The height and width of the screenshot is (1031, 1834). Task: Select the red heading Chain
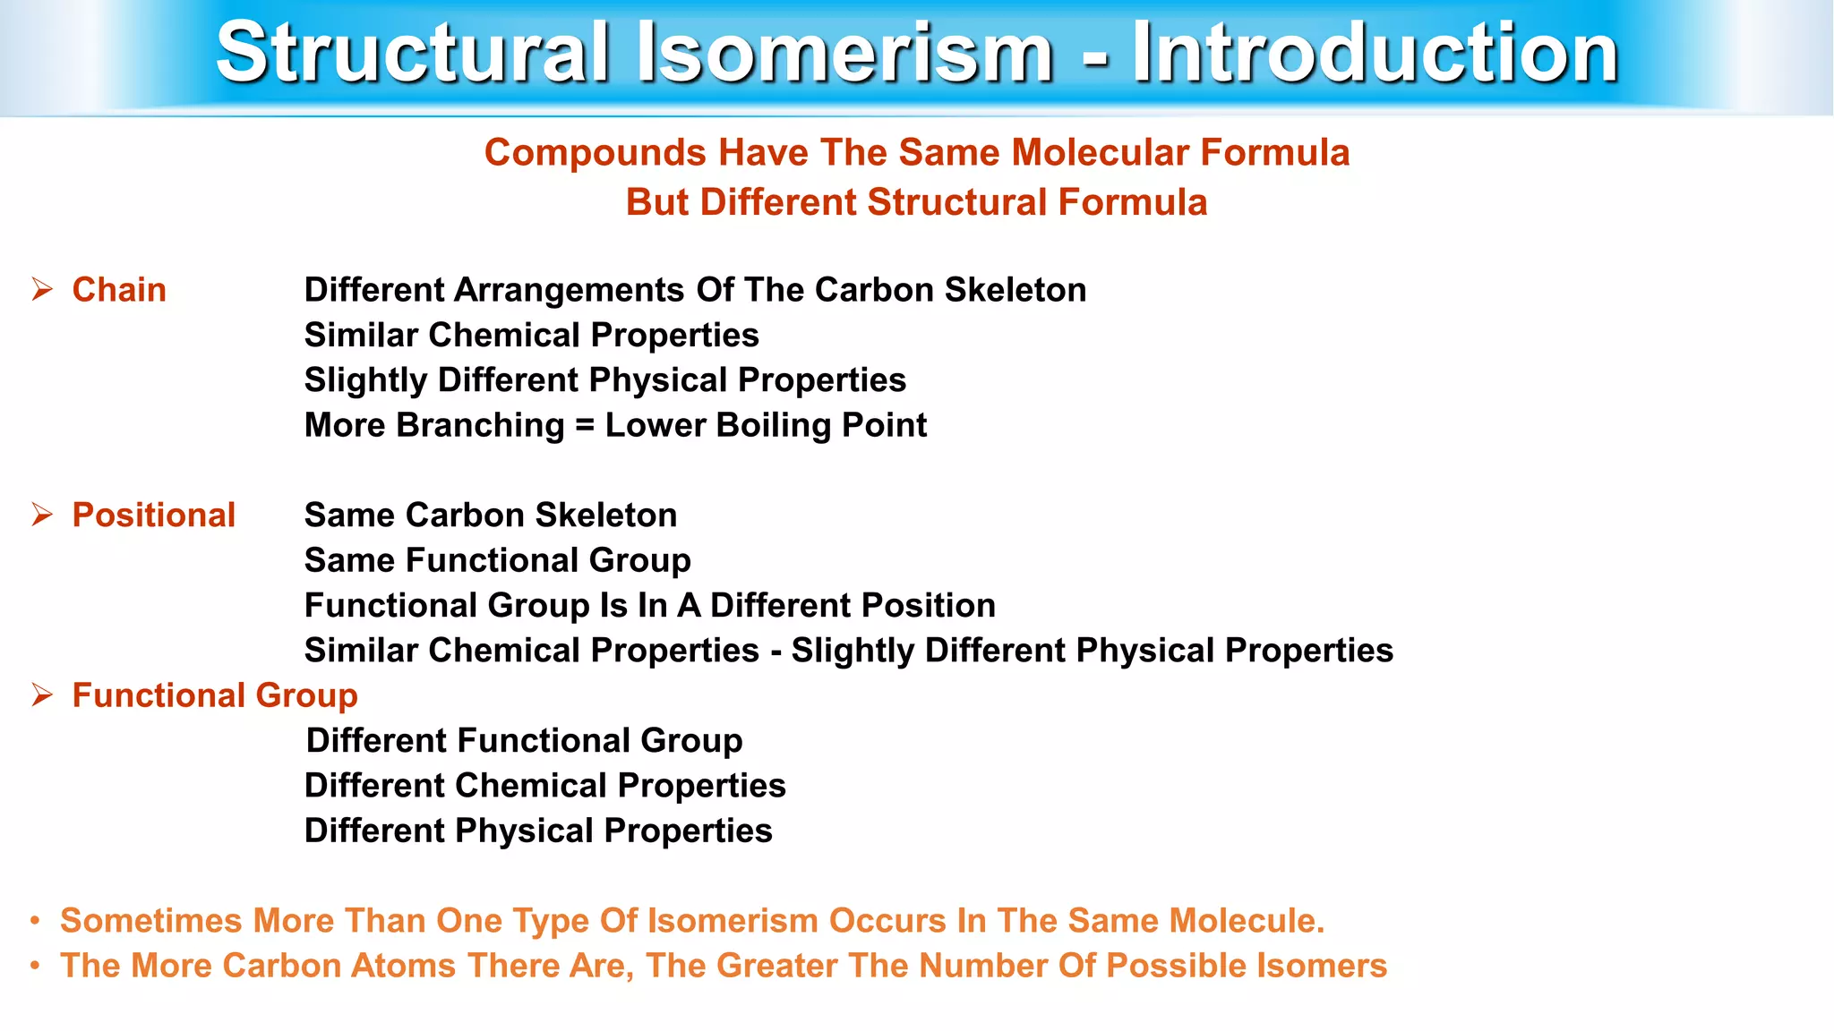coord(119,290)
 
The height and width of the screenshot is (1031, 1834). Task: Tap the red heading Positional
coord(153,515)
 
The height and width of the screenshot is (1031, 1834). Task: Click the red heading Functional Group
coord(215,695)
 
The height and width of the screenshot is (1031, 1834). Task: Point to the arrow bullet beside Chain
coord(42,289)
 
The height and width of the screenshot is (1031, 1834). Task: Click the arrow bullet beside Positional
coord(42,515)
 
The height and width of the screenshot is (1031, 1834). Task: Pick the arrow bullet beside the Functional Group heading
coord(42,694)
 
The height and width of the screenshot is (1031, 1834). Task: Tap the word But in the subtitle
coord(657,202)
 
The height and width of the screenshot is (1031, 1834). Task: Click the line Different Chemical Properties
coord(544,786)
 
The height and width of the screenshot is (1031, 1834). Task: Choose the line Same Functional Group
coord(497,560)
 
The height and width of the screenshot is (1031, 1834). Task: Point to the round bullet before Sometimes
coord(35,921)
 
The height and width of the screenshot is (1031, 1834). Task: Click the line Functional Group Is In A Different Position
coord(649,606)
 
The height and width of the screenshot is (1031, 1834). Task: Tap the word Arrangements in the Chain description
coord(570,290)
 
